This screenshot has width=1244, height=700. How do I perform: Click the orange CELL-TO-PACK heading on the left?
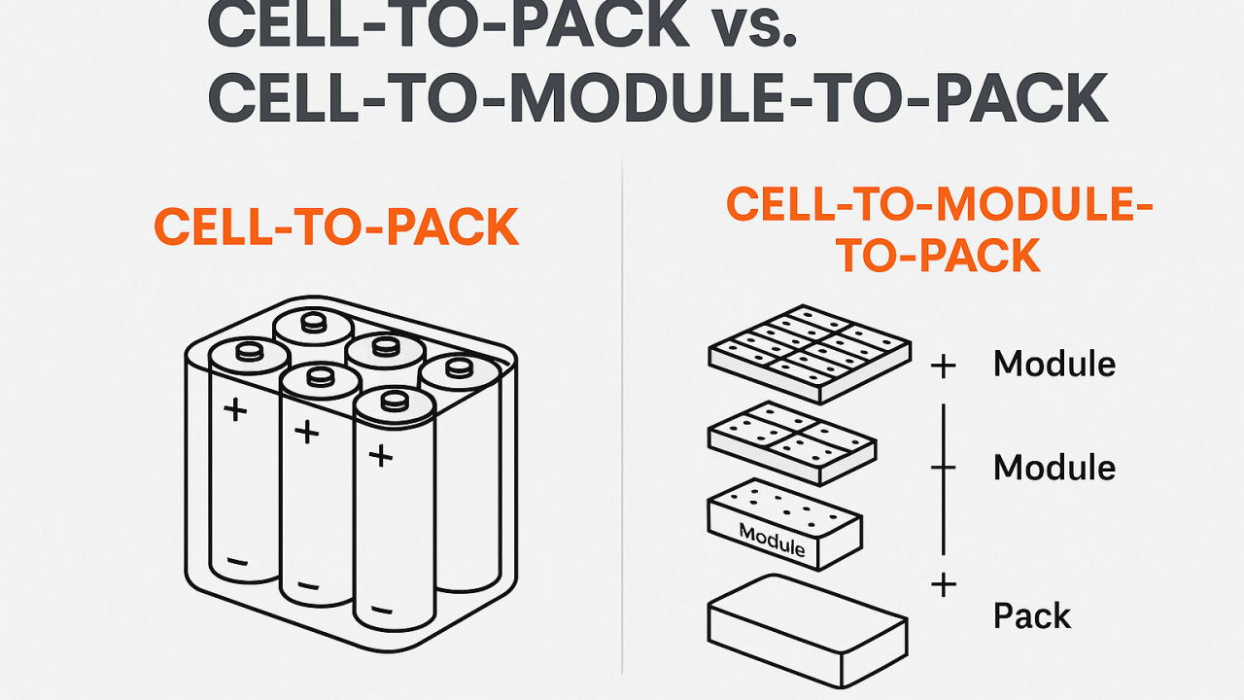point(336,227)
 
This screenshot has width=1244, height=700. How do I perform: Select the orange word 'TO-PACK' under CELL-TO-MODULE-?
point(939,255)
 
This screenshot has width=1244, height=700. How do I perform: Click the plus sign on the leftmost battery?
point(235,409)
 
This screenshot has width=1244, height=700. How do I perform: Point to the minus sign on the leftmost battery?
point(238,563)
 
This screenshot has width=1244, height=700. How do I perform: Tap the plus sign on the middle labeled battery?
point(306,432)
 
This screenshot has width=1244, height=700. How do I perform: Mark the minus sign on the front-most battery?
point(381,611)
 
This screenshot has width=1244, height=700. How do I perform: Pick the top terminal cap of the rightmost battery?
point(460,368)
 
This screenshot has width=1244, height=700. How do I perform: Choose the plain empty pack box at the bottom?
point(808,618)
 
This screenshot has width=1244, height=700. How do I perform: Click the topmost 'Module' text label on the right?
point(1054,365)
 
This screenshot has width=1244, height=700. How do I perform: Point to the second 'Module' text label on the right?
point(1054,468)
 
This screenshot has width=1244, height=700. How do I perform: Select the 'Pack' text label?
point(1031,616)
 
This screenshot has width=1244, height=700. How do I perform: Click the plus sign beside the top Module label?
point(943,367)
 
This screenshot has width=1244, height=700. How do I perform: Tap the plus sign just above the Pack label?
point(943,585)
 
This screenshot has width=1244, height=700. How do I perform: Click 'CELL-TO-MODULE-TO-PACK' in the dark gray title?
point(657,97)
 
